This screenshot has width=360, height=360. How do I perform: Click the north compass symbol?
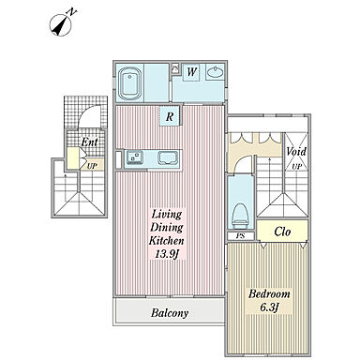(x=63, y=23)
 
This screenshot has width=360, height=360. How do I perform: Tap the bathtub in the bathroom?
(x=129, y=82)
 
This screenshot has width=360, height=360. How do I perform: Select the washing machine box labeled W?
(x=191, y=72)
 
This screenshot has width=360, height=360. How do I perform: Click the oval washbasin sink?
(x=215, y=72)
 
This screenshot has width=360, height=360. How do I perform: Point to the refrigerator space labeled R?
(x=170, y=116)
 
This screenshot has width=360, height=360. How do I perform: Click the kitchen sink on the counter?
(x=135, y=157)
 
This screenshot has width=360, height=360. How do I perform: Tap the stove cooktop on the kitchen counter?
(x=169, y=157)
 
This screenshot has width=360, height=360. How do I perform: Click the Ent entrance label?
(x=89, y=142)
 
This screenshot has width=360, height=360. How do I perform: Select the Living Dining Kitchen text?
(x=167, y=227)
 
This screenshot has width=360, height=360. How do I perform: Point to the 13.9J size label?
(x=167, y=254)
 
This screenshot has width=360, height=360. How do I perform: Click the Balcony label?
(x=170, y=312)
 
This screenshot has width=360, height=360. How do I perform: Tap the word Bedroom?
(x=269, y=293)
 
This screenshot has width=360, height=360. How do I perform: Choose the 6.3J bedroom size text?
(x=269, y=307)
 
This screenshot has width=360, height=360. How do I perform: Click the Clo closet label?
(x=282, y=232)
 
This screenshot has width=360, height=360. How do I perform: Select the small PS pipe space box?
(x=240, y=236)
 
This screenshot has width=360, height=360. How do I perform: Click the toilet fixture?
(x=240, y=217)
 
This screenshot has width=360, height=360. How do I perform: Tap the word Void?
(x=296, y=152)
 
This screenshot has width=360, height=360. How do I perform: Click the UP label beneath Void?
(x=296, y=167)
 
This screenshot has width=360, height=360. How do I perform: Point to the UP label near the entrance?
(x=92, y=166)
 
